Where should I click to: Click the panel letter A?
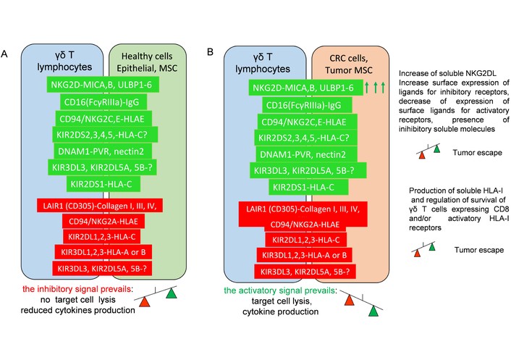4,54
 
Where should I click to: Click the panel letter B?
210,52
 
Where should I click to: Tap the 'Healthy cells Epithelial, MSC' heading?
147,62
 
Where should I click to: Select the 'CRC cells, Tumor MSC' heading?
348,64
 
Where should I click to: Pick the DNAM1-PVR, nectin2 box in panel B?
303,154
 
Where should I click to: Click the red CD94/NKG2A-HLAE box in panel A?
104,222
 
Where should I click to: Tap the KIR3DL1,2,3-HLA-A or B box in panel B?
305,255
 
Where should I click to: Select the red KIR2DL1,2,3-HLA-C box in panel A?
101,237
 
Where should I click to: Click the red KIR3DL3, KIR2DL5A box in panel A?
102,268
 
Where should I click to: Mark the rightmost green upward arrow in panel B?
383,88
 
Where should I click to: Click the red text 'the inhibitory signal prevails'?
77,289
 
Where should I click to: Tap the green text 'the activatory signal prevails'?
279,290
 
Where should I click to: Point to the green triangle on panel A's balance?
171,293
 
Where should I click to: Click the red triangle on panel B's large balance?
350,300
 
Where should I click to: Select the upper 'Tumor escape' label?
477,153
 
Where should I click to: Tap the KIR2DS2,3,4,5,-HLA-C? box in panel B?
304,138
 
